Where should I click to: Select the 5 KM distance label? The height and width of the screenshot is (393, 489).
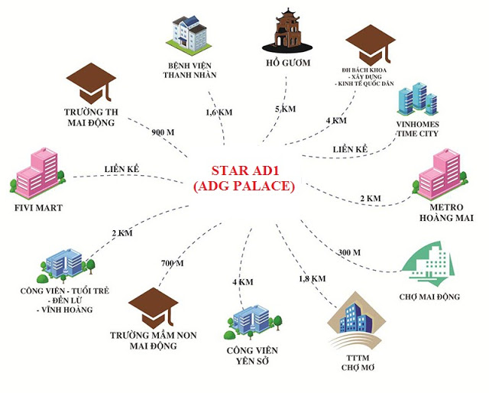point(284,109)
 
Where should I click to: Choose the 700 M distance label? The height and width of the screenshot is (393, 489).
point(172,262)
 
